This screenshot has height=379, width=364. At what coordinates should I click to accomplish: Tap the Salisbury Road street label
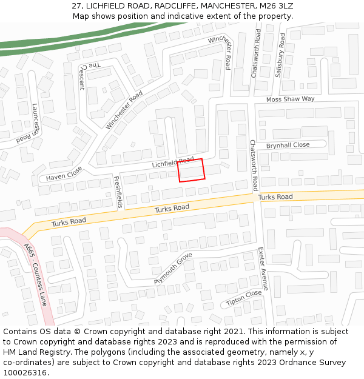(280, 55)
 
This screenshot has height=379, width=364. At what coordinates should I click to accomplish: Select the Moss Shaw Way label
(291, 99)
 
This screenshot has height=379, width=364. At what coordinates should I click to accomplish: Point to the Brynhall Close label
(288, 146)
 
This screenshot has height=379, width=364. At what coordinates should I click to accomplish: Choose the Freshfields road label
(118, 192)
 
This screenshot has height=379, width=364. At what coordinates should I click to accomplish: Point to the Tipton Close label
(243, 298)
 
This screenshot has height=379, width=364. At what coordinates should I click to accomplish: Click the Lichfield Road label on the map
(172, 163)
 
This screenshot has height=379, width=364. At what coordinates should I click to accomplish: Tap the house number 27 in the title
(76, 5)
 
